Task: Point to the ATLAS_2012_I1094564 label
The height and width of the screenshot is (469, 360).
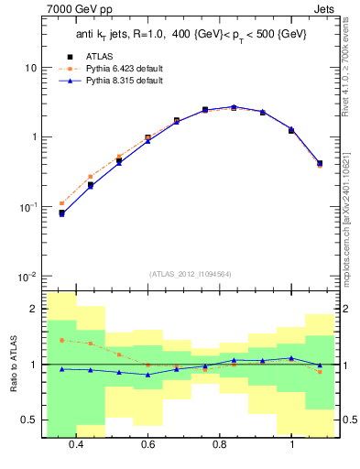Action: (190, 272)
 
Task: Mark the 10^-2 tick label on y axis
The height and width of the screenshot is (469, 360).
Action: (27, 276)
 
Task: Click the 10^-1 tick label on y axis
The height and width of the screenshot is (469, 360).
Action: (27, 206)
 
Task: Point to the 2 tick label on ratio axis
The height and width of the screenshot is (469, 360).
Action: (34, 309)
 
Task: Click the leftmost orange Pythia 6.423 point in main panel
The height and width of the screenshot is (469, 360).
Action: (61, 203)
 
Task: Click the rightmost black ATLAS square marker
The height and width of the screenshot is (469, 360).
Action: (319, 163)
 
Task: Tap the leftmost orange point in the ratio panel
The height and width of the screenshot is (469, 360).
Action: (61, 340)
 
